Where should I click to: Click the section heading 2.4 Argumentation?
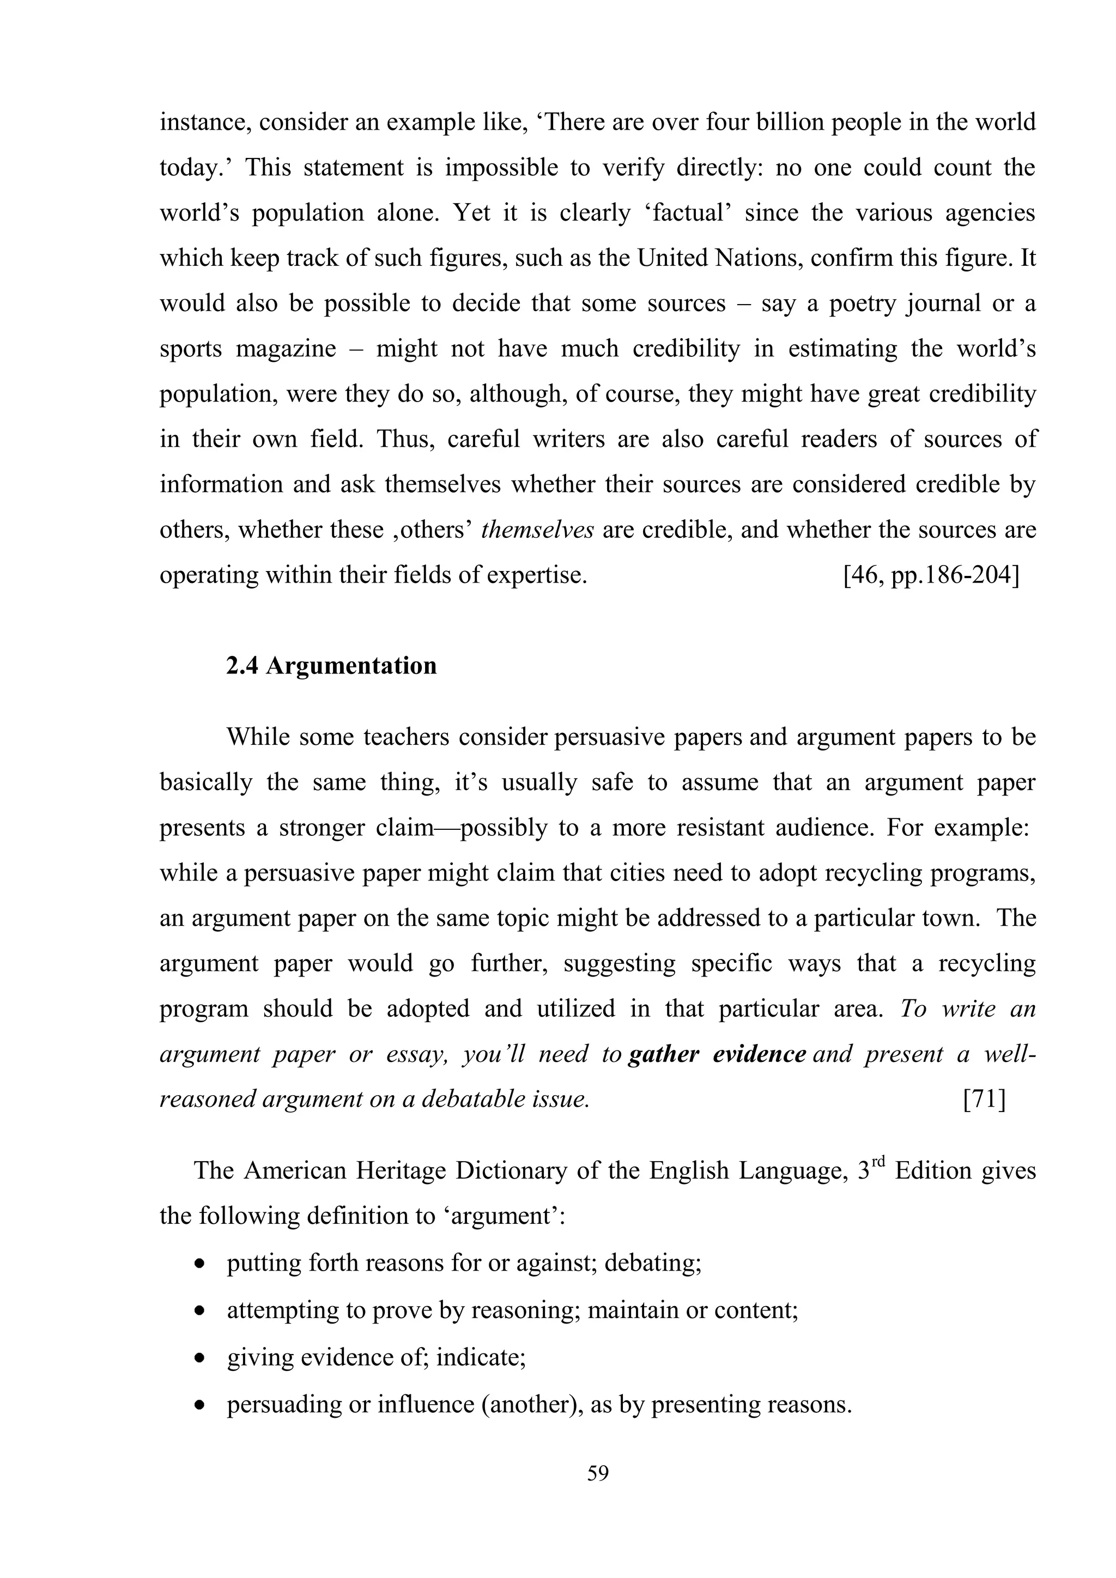331,666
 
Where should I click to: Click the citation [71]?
984,1100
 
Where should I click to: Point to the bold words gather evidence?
717,1054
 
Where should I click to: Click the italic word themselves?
537,530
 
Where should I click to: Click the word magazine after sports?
286,349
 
